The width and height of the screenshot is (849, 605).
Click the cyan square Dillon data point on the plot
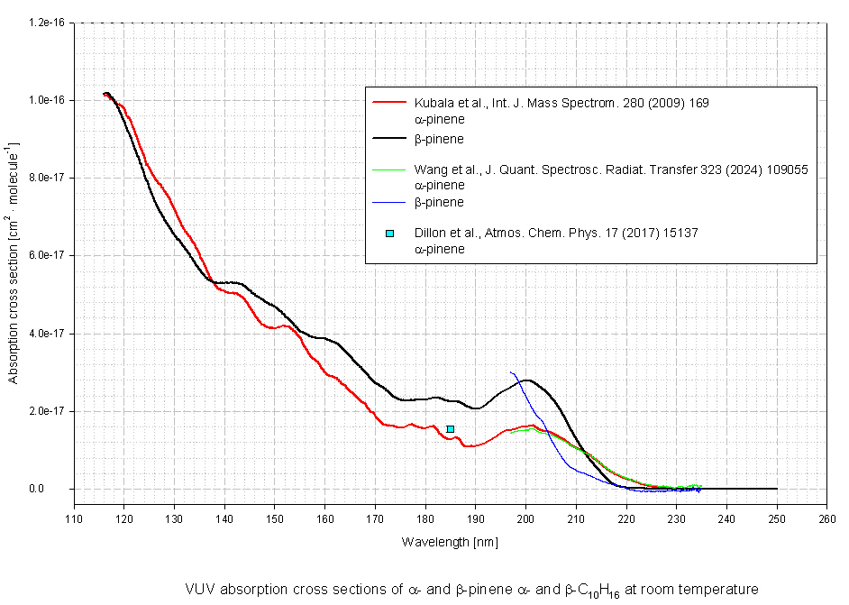(450, 429)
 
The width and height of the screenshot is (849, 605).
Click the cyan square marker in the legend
(389, 234)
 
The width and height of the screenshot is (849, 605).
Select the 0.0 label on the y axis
(59, 489)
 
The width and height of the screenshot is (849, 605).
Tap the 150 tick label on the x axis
(275, 518)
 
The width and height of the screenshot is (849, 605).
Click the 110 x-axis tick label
(74, 518)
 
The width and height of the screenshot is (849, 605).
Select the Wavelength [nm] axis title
(450, 542)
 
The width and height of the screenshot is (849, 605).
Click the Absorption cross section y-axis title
(14, 262)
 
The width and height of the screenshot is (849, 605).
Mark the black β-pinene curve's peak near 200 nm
(527, 380)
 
